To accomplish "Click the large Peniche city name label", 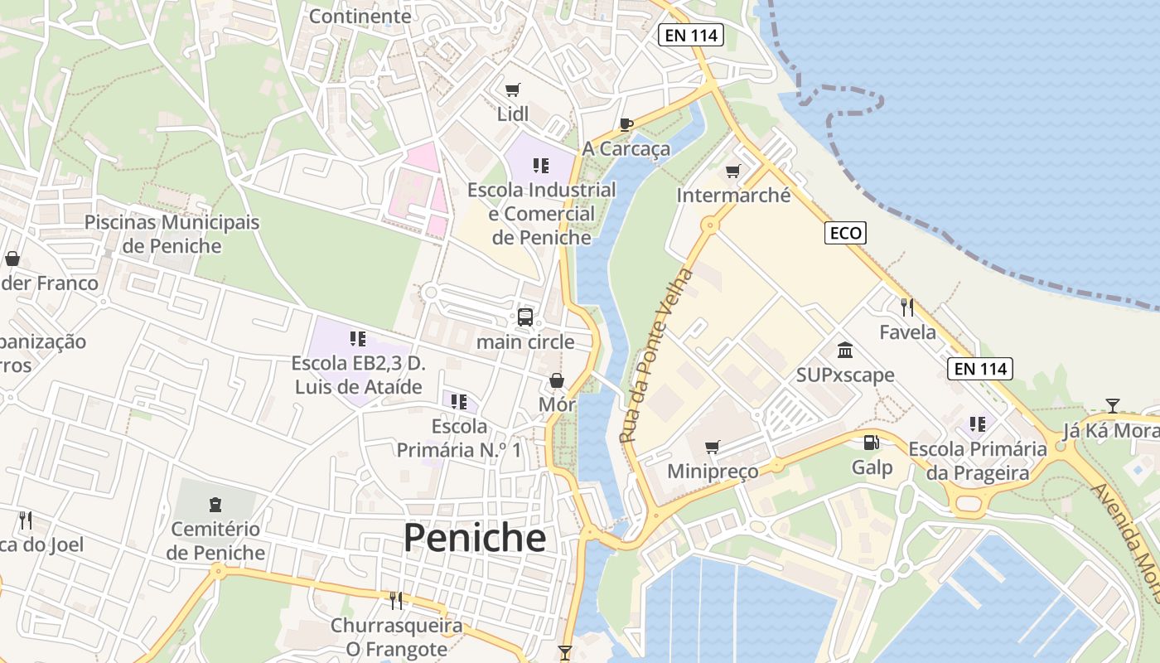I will tap(474, 538).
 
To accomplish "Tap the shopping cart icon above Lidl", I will tap(513, 90).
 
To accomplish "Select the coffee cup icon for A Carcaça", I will tap(626, 125).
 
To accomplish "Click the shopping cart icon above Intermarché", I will tap(732, 172).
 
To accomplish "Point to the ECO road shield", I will tap(845, 234).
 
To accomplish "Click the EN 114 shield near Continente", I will tap(691, 35).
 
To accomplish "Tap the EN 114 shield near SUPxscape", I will tap(980, 369).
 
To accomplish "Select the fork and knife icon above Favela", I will tap(907, 307).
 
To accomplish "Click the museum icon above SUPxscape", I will tap(845, 350).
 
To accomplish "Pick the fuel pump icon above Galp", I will tap(871, 443).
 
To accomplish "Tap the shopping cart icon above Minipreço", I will tap(712, 448).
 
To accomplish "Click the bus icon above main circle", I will tap(525, 317).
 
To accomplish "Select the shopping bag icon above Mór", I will tap(557, 380).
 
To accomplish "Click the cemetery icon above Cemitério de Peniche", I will tap(215, 504).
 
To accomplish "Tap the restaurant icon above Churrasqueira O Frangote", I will tap(396, 600).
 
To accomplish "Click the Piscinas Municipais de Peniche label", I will tap(172, 234).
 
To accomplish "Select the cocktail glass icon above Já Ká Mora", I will tap(1112, 406).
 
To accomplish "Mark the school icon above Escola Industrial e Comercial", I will tap(541, 165).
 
